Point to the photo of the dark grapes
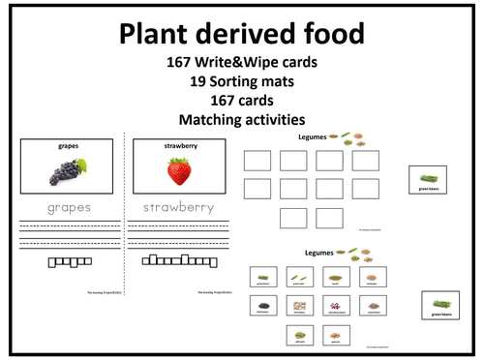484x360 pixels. (x=68, y=171)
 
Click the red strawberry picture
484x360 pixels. (x=178, y=172)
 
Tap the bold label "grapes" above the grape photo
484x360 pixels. (x=68, y=146)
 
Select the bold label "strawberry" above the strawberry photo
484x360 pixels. (x=178, y=146)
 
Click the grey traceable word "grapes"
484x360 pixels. (x=68, y=208)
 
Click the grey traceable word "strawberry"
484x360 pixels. (x=178, y=208)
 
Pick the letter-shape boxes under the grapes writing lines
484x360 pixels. (x=68, y=261)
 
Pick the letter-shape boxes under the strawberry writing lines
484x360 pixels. (x=178, y=260)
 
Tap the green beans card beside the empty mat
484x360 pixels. (x=429, y=180)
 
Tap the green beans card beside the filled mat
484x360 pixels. (x=440, y=306)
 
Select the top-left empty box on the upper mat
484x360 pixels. (x=257, y=160)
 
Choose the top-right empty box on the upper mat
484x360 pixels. (x=365, y=160)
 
